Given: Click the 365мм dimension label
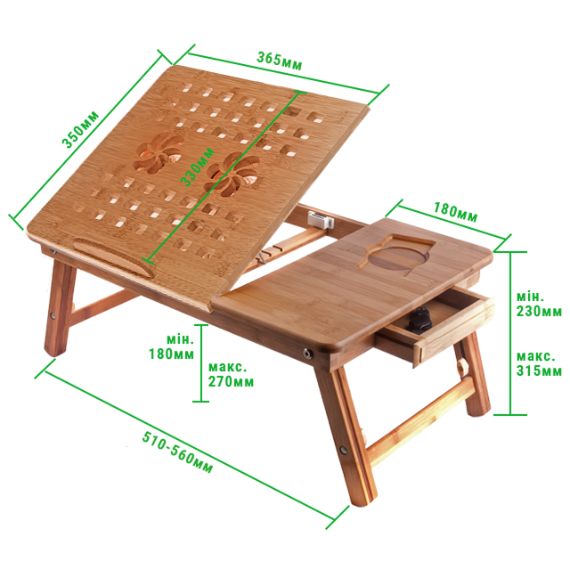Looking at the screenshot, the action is (279, 61).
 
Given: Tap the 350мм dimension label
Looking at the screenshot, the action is (80, 129).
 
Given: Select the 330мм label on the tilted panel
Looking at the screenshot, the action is (198, 167).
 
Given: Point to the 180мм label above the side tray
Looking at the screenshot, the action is (455, 212).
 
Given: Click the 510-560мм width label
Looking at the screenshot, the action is (177, 452).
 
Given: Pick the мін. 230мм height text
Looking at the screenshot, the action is (539, 305).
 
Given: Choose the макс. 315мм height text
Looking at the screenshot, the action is (539, 363).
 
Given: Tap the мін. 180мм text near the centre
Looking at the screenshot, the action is (172, 346).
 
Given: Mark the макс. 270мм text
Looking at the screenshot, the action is (231, 374).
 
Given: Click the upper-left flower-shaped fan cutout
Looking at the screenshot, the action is (158, 152).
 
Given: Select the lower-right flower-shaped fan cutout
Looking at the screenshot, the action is (232, 175).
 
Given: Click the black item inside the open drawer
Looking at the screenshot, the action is (420, 321).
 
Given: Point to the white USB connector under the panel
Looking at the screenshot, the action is (321, 220).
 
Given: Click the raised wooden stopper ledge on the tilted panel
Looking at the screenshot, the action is (115, 256).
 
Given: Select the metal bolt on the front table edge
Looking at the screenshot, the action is (307, 353).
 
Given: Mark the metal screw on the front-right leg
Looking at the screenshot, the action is (344, 450).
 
